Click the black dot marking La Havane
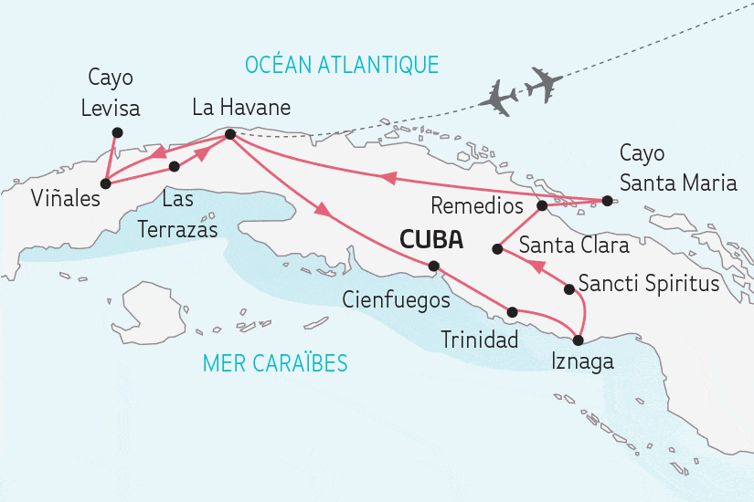tap(229, 135)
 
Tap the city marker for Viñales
tap(105, 183)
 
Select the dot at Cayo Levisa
tap(116, 132)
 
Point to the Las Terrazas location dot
tap(174, 167)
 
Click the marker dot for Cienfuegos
tap(434, 267)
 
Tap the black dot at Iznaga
tap(577, 340)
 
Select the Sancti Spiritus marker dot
tap(569, 289)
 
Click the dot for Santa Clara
tap(496, 247)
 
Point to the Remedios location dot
tap(541, 205)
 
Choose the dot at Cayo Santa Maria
tap(605, 200)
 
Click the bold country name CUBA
tap(430, 241)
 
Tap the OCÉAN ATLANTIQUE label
tap(342, 64)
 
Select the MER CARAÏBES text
tap(275, 363)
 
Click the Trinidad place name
tap(479, 340)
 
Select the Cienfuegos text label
tap(396, 298)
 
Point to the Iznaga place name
tap(582, 362)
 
